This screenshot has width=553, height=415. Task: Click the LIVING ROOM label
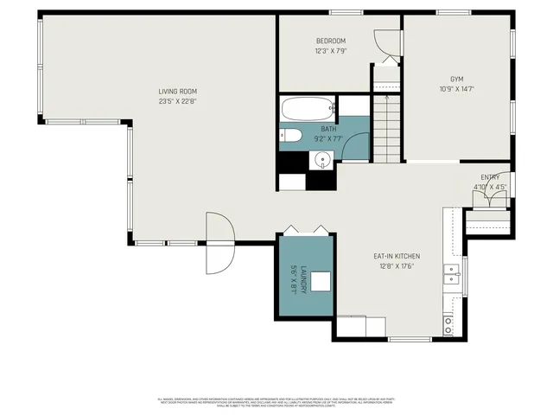[178, 91]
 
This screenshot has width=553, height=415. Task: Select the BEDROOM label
[330, 41]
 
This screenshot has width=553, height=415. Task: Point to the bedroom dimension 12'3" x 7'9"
[330, 50]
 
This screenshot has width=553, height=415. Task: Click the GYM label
[456, 78]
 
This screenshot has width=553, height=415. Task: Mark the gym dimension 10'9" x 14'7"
[456, 87]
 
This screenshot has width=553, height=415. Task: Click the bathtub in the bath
[307, 110]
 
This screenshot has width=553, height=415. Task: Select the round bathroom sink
[323, 158]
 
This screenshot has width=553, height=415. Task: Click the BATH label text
[305, 128]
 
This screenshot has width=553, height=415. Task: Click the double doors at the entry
[489, 198]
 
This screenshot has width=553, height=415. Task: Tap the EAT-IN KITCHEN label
[396, 256]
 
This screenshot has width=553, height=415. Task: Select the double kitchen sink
[451, 275]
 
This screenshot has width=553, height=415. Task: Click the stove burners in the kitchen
[449, 324]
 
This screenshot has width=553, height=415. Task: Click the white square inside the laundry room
[322, 281]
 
